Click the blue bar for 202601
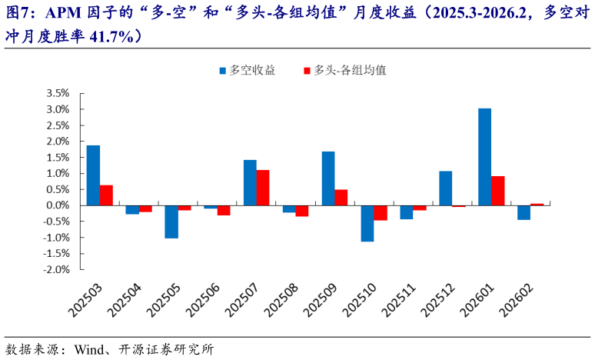pyautogui.click(x=484, y=157)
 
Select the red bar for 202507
pyautogui.click(x=263, y=188)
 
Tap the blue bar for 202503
pyautogui.click(x=93, y=175)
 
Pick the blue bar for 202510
pyautogui.click(x=367, y=223)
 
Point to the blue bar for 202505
pyautogui.click(x=171, y=222)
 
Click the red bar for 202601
pyautogui.click(x=497, y=191)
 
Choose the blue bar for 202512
pyautogui.click(x=445, y=188)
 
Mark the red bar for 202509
pyautogui.click(x=341, y=198)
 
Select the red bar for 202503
pyautogui.click(x=106, y=195)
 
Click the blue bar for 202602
pyautogui.click(x=524, y=212)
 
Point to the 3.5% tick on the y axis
pyautogui.click(x=58, y=93)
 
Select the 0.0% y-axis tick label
pyautogui.click(x=58, y=205)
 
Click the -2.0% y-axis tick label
pyautogui.click(x=57, y=270)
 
